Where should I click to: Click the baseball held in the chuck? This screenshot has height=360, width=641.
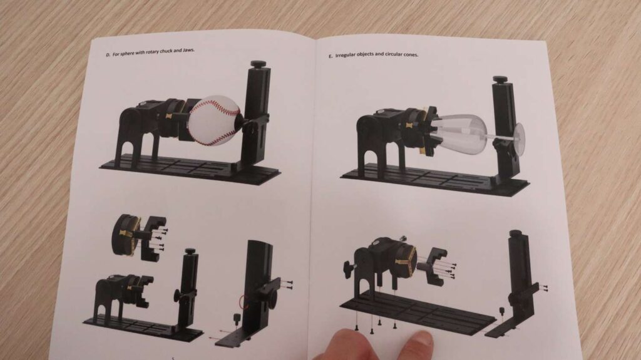tap(214, 120)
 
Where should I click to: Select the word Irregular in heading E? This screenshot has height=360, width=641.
tap(345, 55)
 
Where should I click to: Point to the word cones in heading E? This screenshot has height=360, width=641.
tap(411, 54)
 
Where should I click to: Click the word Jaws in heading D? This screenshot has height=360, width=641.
tap(188, 50)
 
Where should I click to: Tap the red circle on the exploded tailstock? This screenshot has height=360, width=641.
tap(245, 302)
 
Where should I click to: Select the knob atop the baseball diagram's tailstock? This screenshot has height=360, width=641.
tap(259, 64)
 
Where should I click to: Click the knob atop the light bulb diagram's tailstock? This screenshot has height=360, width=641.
tap(500, 79)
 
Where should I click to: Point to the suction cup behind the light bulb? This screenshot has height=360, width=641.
tap(519, 139)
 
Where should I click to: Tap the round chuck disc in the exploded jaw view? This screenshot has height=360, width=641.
tap(125, 235)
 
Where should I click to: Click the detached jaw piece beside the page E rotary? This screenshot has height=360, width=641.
tap(436, 265)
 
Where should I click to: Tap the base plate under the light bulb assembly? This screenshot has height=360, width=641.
tap(433, 180)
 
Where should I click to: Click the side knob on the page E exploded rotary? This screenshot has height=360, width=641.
tap(349, 270)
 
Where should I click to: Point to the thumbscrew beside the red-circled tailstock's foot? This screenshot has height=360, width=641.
tap(236, 318)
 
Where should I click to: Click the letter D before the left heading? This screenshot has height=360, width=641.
tap(108, 55)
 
